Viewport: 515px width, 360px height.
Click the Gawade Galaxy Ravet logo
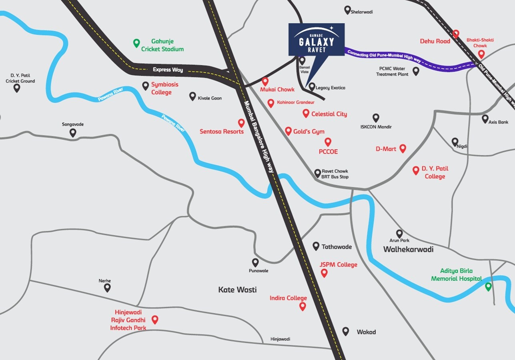coord(317,39)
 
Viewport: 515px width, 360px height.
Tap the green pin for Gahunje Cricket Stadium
coord(136,43)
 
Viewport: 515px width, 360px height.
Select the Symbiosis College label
coord(164,88)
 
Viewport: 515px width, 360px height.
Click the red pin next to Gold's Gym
coord(288,131)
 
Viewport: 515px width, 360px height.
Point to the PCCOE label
coord(328,152)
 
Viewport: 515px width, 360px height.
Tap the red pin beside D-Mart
coord(403,148)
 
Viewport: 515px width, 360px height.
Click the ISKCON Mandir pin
coord(376,118)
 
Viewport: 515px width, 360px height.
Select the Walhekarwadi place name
coord(408,249)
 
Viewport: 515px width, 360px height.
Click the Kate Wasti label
coord(237,290)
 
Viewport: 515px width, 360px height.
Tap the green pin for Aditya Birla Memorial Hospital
coord(488,286)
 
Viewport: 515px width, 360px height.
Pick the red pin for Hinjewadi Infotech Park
coord(155,319)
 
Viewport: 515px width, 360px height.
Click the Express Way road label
coord(168,70)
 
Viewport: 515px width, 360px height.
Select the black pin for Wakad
coord(346,331)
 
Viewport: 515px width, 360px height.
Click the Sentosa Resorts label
coord(222,132)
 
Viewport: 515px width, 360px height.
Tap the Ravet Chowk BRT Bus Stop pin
coord(318,173)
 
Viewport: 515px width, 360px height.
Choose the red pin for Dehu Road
coord(456,34)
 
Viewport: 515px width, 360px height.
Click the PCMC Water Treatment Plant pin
coord(416,71)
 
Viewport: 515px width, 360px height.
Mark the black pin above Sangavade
coord(73,132)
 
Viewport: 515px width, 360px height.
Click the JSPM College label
coord(338,264)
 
